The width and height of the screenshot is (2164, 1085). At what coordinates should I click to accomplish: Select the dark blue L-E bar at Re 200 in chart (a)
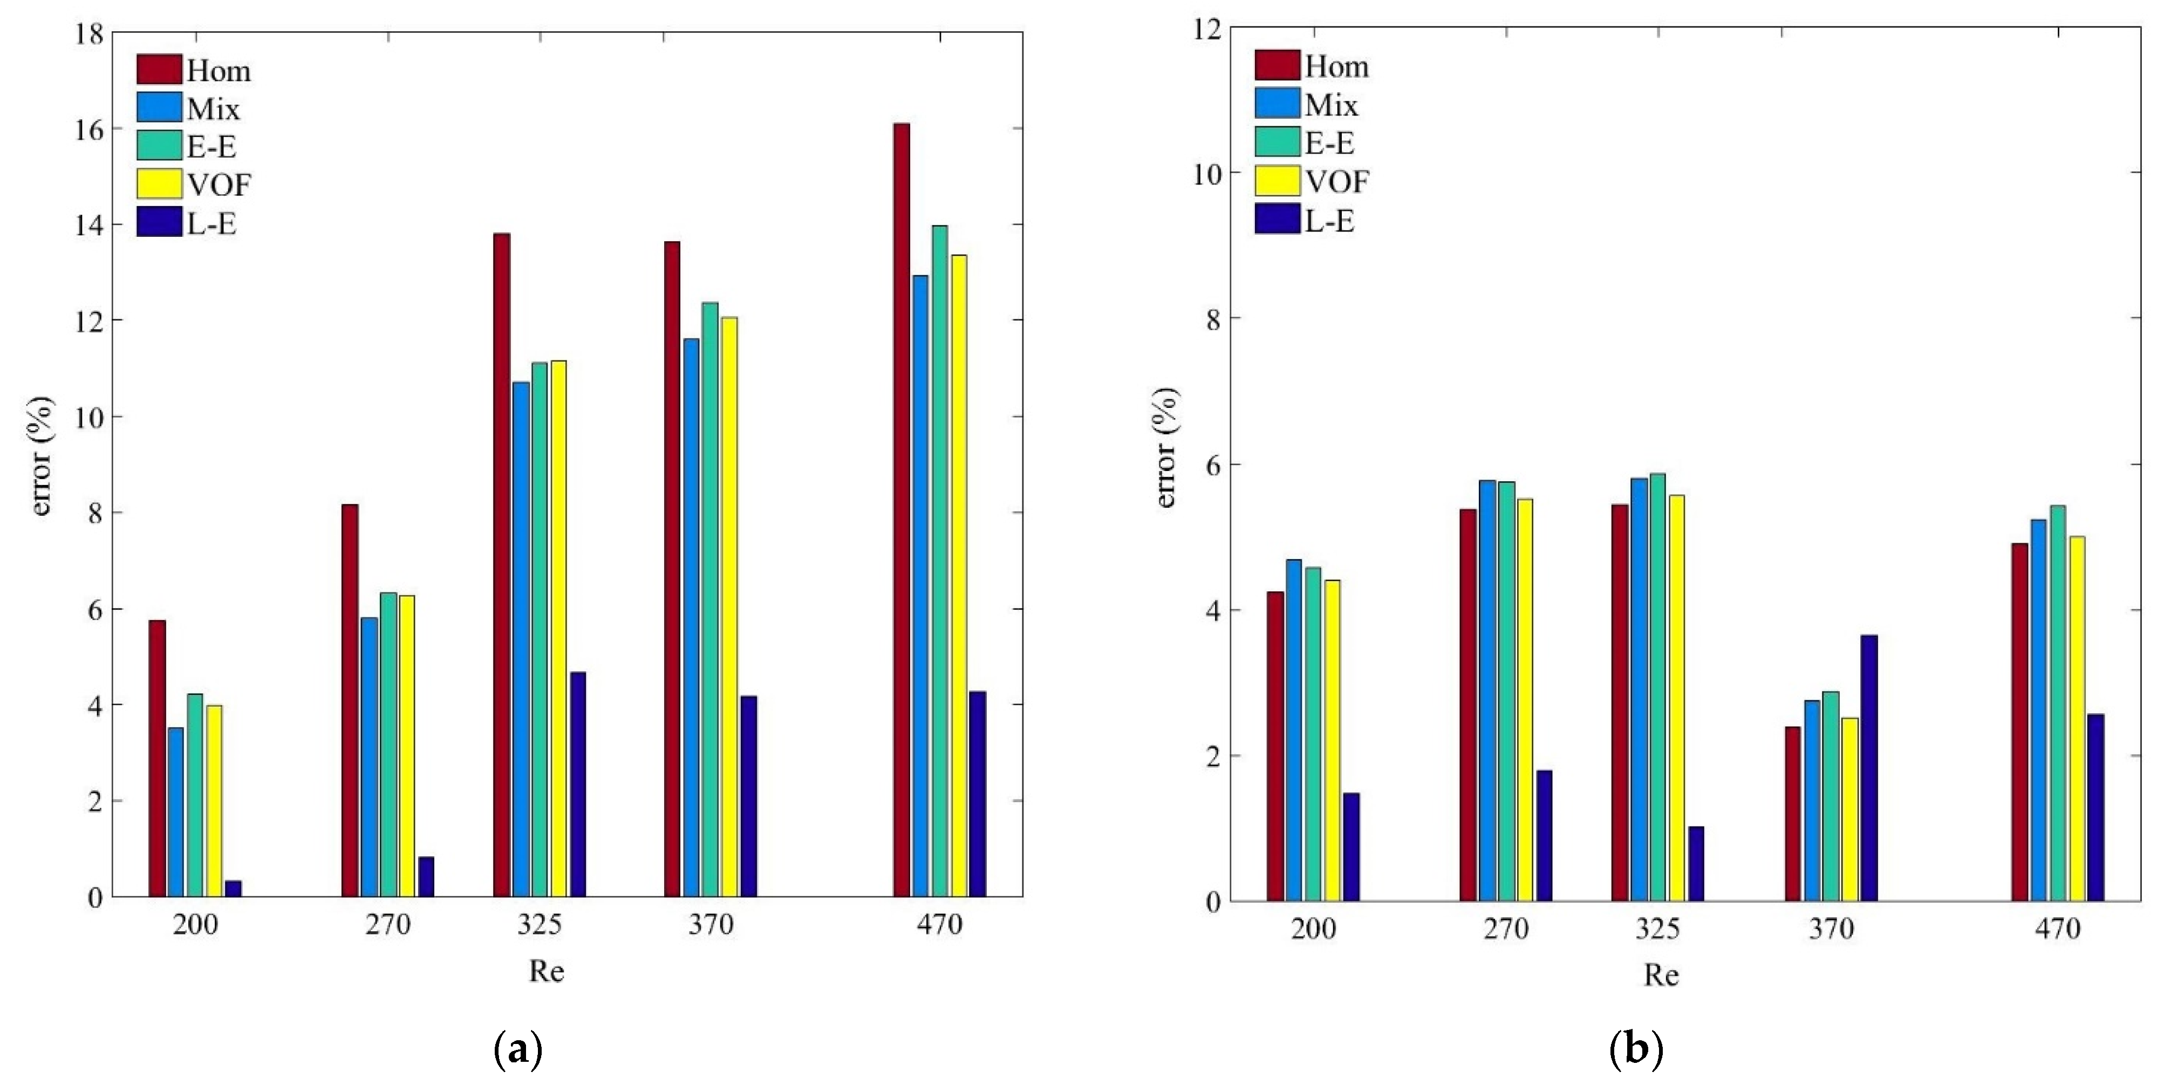point(233,889)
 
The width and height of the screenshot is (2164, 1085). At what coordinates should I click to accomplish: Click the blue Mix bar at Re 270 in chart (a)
point(369,756)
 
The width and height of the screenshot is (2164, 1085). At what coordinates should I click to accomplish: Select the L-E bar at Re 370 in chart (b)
point(1868,768)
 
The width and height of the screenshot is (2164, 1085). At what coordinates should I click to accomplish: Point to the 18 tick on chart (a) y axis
point(91,33)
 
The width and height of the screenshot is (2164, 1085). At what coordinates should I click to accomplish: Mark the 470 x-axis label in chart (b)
point(2057,928)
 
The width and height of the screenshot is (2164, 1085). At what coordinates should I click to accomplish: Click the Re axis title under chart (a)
point(546,972)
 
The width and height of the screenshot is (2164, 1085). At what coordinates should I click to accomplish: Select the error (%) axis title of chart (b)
point(1166,448)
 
